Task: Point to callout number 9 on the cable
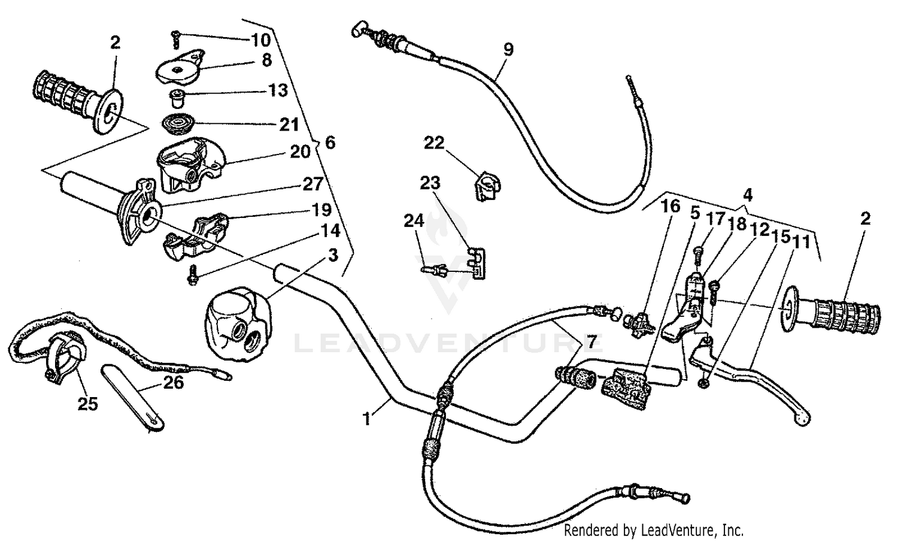508,49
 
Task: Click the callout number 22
435,143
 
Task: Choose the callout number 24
414,221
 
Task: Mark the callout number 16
671,207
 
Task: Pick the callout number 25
87,404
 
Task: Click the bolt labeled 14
193,276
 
